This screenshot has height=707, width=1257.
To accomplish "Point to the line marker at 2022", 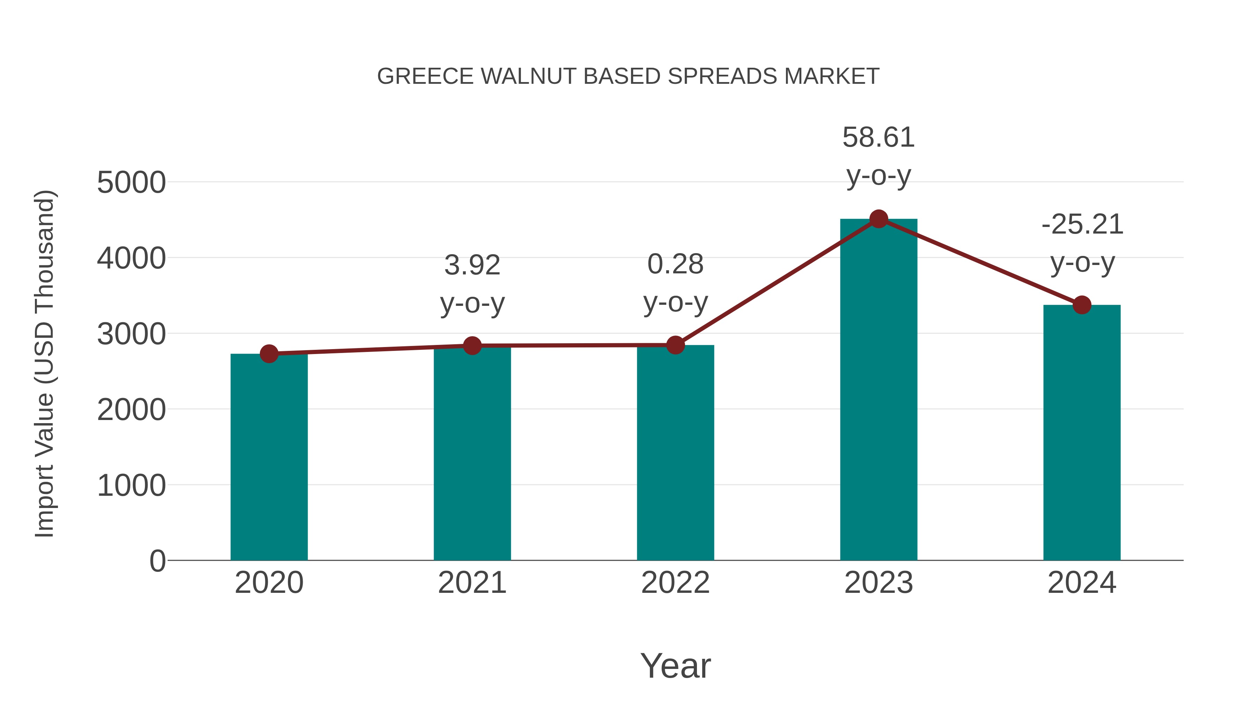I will tap(675, 345).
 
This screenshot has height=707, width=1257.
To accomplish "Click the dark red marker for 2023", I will tap(879, 219).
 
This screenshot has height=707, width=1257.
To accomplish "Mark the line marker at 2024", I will tap(1082, 305).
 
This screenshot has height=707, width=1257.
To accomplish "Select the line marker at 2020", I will tap(269, 354).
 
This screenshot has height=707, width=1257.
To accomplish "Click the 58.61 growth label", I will tap(879, 138).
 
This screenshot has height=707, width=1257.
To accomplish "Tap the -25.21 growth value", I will tap(1082, 224).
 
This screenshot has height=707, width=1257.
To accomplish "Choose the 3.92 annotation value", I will tap(472, 265).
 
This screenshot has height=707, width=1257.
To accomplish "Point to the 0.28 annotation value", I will tap(675, 264).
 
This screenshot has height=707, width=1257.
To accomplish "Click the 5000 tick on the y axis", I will tap(131, 183).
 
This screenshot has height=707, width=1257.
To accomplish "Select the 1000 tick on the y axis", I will tap(131, 486).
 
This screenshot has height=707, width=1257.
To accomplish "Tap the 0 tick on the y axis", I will tap(157, 561).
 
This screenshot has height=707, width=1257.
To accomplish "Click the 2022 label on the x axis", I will tap(675, 583).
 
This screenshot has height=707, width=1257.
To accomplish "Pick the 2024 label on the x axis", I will tap(1082, 583).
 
